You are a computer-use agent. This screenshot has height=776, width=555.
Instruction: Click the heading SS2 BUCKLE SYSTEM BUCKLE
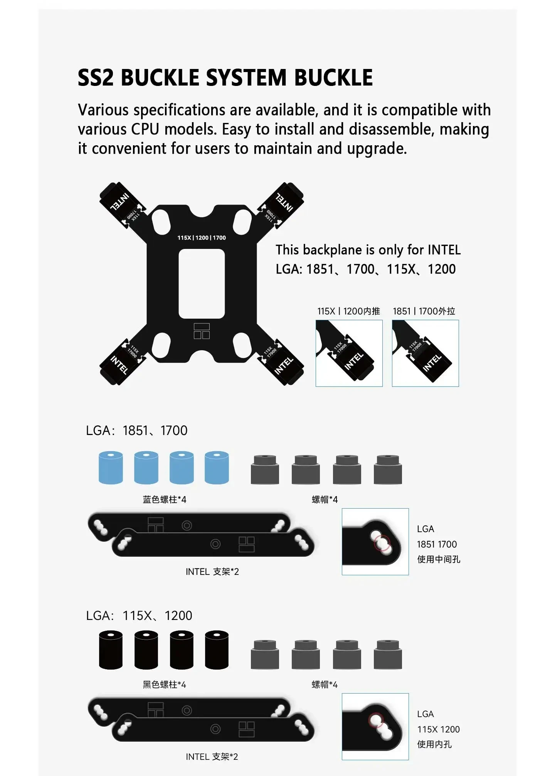pyautogui.click(x=225, y=77)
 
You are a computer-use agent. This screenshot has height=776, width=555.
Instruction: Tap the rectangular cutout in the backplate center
pyautogui.click(x=202, y=284)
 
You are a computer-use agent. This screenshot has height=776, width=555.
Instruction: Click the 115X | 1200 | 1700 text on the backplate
pyautogui.click(x=202, y=238)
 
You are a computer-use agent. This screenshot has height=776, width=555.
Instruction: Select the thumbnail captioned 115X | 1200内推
pyautogui.click(x=349, y=353)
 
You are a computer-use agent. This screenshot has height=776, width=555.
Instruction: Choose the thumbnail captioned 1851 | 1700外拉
pyautogui.click(x=425, y=353)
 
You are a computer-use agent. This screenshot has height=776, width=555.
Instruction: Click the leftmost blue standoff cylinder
pyautogui.click(x=111, y=467)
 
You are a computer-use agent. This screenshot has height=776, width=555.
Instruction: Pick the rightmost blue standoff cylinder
pyautogui.click(x=217, y=467)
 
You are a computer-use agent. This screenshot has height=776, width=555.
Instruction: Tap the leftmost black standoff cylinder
pyautogui.click(x=111, y=650)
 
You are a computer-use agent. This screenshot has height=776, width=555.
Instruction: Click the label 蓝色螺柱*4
pyautogui.click(x=165, y=500)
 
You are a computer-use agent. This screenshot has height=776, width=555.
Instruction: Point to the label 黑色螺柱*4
pyautogui.click(x=165, y=685)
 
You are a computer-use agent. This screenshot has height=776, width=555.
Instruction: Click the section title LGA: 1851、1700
pyautogui.click(x=137, y=430)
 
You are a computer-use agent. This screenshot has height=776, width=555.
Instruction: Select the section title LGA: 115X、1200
pyautogui.click(x=139, y=616)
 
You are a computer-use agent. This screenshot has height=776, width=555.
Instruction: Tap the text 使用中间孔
pyautogui.click(x=439, y=559)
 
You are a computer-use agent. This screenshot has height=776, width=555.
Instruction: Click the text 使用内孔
pyautogui.click(x=434, y=744)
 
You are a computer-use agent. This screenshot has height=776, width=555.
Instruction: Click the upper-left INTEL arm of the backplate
pyautogui.click(x=123, y=205)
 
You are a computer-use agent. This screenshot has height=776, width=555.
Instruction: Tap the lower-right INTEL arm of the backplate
pyautogui.click(x=281, y=362)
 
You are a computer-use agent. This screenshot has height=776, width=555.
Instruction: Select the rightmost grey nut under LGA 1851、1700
pyautogui.click(x=388, y=469)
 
